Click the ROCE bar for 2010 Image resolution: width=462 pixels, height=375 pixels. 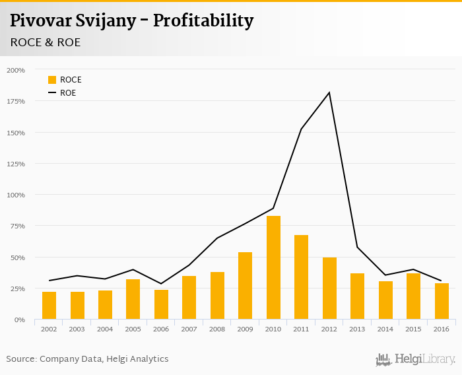click(x=273, y=267)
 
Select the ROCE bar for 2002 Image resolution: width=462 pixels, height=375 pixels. click(x=49, y=305)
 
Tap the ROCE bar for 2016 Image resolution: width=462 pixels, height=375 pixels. click(x=442, y=301)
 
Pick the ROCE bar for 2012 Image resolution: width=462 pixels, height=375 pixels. click(x=329, y=288)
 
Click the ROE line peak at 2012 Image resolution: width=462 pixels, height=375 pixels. click(x=329, y=92)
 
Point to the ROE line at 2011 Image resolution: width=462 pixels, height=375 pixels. click(x=302, y=129)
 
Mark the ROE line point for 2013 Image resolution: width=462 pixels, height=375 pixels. click(x=358, y=248)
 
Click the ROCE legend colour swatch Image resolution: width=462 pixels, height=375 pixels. click(x=52, y=80)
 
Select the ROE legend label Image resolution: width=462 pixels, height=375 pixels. click(x=68, y=93)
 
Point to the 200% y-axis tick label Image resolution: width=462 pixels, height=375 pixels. click(x=15, y=70)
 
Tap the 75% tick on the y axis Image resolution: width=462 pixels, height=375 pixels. click(x=17, y=226)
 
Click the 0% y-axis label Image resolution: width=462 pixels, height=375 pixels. click(x=20, y=320)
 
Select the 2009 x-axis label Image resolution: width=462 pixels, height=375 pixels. click(x=246, y=329)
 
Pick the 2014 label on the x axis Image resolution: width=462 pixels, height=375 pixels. click(x=385, y=329)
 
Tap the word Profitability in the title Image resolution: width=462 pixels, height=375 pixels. click(x=203, y=21)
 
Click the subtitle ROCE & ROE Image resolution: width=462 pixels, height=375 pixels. click(x=45, y=42)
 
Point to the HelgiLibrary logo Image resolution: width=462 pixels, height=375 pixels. click(x=416, y=360)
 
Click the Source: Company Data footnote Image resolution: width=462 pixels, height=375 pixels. click(x=87, y=359)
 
